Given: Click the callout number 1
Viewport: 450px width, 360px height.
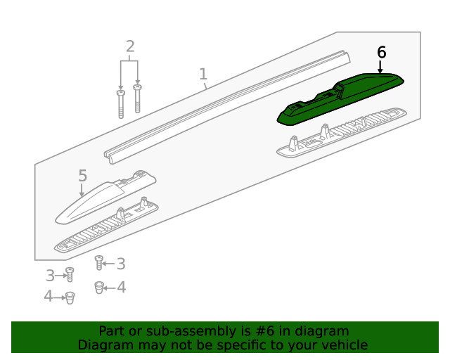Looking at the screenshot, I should (203, 74).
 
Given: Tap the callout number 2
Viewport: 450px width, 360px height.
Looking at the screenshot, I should (130, 47).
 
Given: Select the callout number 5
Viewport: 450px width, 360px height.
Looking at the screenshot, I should (82, 176).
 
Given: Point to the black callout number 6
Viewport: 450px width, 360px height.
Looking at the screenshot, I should (382, 52).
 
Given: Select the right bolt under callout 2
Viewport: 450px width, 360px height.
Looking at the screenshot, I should (137, 98).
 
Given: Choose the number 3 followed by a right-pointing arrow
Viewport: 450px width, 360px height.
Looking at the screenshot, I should (51, 275).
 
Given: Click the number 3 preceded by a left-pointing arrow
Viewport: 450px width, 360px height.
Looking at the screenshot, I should (120, 264).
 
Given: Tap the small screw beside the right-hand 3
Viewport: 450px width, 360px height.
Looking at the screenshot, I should (100, 263).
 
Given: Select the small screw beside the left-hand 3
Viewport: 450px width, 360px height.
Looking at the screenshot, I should (70, 275).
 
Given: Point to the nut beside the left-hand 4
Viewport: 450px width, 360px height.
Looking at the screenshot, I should (70, 297).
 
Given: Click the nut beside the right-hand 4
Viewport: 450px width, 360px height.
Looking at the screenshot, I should (100, 286).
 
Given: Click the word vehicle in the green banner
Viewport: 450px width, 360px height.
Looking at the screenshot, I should (344, 345).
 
